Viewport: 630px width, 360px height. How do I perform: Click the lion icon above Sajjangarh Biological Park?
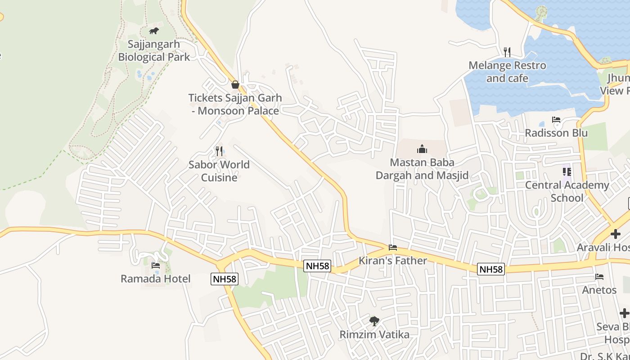[x=154, y=31]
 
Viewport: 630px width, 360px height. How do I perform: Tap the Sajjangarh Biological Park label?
[x=154, y=51]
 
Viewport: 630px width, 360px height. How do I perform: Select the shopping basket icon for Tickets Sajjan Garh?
[x=235, y=84]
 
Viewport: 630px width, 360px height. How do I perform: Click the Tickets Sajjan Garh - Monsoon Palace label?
[x=235, y=104]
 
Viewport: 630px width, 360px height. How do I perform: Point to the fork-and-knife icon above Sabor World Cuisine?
[x=219, y=151]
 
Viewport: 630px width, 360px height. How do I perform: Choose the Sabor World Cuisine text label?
[x=219, y=171]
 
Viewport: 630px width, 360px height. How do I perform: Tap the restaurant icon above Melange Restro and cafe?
[x=507, y=52]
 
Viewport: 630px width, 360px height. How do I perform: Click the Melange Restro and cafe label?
[x=507, y=72]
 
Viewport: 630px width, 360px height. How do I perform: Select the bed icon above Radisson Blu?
[x=556, y=120]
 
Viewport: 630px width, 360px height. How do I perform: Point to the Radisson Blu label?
[x=556, y=133]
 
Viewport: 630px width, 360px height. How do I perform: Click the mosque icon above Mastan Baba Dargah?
[x=422, y=148]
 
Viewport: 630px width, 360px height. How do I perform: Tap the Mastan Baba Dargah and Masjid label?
[x=422, y=169]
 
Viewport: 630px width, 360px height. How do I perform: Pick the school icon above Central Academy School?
[x=567, y=171]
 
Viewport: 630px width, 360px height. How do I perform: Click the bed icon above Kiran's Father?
[x=393, y=247]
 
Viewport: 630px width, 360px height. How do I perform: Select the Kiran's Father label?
[x=393, y=261]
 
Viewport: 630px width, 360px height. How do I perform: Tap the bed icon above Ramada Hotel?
[x=156, y=265]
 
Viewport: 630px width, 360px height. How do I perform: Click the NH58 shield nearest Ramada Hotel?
[x=224, y=279]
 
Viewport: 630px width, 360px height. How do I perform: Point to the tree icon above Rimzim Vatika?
[x=374, y=321]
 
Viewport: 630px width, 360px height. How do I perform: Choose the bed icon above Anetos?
[x=599, y=276]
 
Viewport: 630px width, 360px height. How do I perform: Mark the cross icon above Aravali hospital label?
[x=615, y=234]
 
